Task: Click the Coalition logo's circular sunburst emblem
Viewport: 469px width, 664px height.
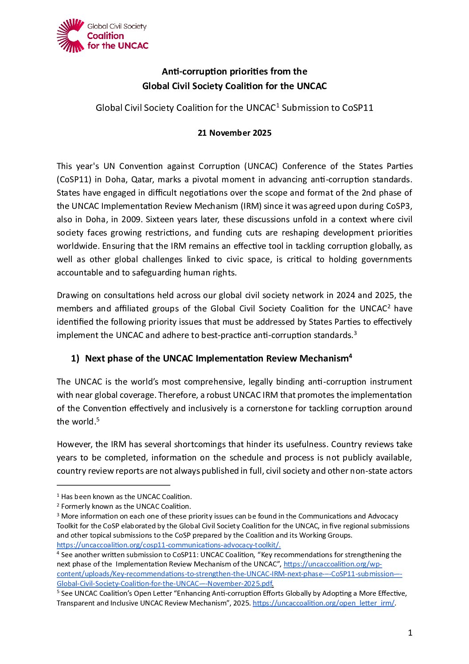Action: click(70, 35)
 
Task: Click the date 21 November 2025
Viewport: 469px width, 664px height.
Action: click(234, 133)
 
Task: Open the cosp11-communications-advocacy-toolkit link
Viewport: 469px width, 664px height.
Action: click(168, 545)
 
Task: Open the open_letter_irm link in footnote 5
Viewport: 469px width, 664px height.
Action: click(323, 603)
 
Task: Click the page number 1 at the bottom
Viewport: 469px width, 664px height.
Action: click(410, 633)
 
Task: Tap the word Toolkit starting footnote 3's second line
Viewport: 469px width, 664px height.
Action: click(68, 526)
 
